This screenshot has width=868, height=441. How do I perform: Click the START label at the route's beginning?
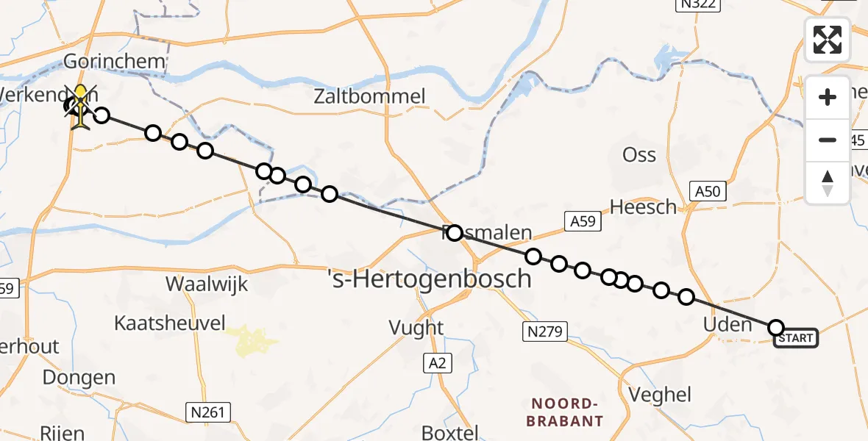pyautogui.click(x=795, y=338)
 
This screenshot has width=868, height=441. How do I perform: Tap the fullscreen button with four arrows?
pyautogui.click(x=828, y=40)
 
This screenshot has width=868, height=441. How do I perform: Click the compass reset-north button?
pyautogui.click(x=828, y=183)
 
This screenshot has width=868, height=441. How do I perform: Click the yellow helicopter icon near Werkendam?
pyautogui.click(x=80, y=107)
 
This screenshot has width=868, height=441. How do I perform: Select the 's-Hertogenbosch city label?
pyautogui.click(x=429, y=279)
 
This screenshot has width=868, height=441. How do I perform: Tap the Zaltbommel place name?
pyautogui.click(x=369, y=96)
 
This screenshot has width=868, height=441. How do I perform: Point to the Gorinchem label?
pyautogui.click(x=115, y=60)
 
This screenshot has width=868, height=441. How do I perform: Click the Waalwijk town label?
pyautogui.click(x=207, y=284)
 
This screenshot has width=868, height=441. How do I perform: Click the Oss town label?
pyautogui.click(x=639, y=155)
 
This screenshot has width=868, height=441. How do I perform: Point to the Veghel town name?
pyautogui.click(x=661, y=395)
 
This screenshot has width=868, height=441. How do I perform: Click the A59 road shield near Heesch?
pyautogui.click(x=583, y=221)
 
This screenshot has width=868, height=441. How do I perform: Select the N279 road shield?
pyautogui.click(x=544, y=331)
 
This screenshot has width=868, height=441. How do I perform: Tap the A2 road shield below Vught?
pyautogui.click(x=437, y=362)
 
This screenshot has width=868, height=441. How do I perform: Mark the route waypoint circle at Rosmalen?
pyautogui.click(x=454, y=233)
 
